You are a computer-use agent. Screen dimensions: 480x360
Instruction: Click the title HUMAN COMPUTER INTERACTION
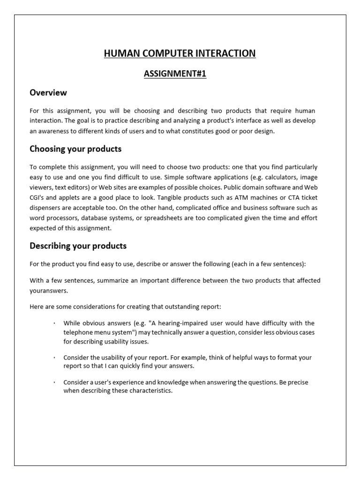click(x=180, y=53)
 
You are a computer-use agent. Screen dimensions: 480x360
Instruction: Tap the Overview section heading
click(x=48, y=93)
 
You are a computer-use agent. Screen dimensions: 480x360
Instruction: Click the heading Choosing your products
click(x=75, y=149)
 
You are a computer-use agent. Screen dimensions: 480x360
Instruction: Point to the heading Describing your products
click(x=78, y=246)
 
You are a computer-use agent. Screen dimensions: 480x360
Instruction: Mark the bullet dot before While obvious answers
click(x=54, y=323)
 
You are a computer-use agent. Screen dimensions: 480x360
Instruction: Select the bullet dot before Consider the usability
click(x=54, y=358)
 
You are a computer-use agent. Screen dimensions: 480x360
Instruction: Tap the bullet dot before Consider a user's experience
click(x=54, y=382)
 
